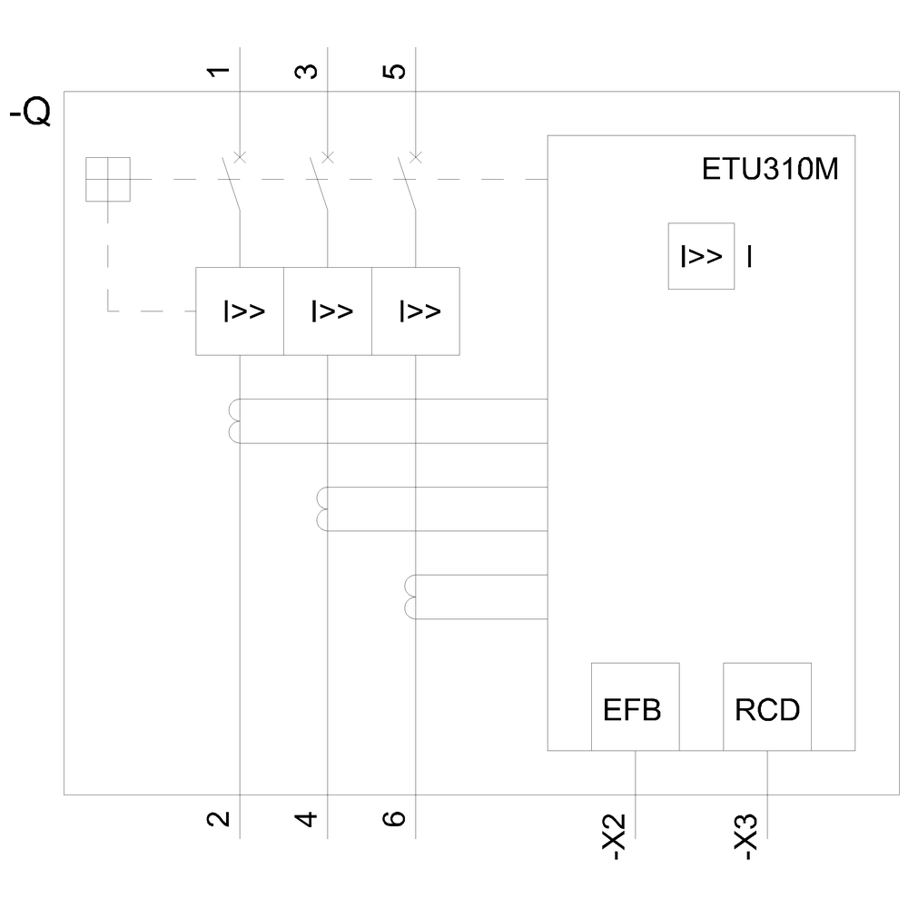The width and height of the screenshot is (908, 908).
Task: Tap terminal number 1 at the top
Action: click(x=218, y=70)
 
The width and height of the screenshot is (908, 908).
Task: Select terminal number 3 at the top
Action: click(x=307, y=70)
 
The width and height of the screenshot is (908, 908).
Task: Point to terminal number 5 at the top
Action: click(x=395, y=70)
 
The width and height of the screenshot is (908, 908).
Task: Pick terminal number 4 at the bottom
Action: click(x=307, y=819)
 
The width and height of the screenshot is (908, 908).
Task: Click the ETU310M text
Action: click(x=770, y=172)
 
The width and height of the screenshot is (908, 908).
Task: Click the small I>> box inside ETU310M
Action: click(x=701, y=256)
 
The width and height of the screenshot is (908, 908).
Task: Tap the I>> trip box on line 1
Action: click(x=241, y=311)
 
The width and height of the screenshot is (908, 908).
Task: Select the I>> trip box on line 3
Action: click(x=329, y=311)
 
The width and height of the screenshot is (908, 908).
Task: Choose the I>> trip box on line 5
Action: click(x=416, y=311)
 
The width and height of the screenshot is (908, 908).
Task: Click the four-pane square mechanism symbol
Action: click(x=108, y=179)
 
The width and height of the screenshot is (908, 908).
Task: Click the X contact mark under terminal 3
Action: click(x=329, y=157)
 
